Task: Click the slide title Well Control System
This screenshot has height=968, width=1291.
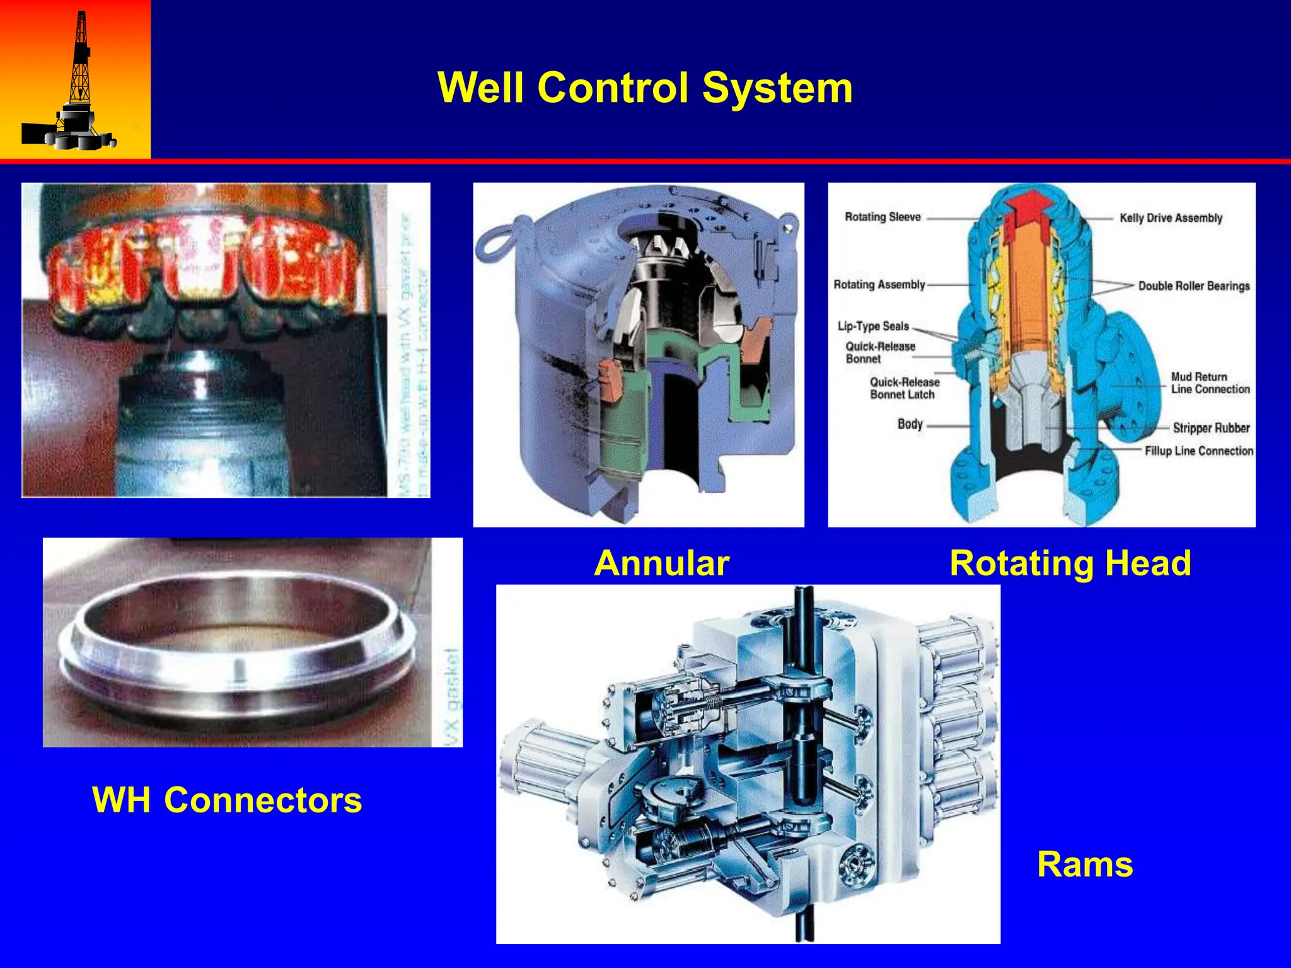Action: click(645, 88)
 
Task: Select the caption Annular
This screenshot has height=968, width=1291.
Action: click(661, 563)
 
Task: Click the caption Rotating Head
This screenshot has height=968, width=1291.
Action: click(1070, 563)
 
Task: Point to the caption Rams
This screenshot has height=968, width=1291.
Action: click(1084, 864)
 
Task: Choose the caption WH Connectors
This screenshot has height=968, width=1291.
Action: click(227, 800)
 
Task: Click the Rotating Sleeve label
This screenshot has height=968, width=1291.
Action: click(883, 217)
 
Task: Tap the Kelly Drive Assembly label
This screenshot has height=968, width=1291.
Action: click(1171, 218)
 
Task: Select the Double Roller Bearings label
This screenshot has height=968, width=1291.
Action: click(1193, 286)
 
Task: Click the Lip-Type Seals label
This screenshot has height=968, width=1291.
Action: click(873, 326)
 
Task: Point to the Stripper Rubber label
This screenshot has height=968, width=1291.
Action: click(1210, 428)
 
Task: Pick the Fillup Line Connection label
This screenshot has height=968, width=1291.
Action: click(1198, 451)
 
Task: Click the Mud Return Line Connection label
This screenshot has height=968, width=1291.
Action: click(1210, 383)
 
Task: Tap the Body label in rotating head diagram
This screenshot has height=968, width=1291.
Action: click(910, 424)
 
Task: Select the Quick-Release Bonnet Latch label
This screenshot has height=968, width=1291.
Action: click(904, 388)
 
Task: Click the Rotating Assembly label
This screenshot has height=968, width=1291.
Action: click(879, 285)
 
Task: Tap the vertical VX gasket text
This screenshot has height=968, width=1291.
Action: click(453, 696)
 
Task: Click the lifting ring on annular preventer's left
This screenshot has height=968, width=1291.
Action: click(498, 240)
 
